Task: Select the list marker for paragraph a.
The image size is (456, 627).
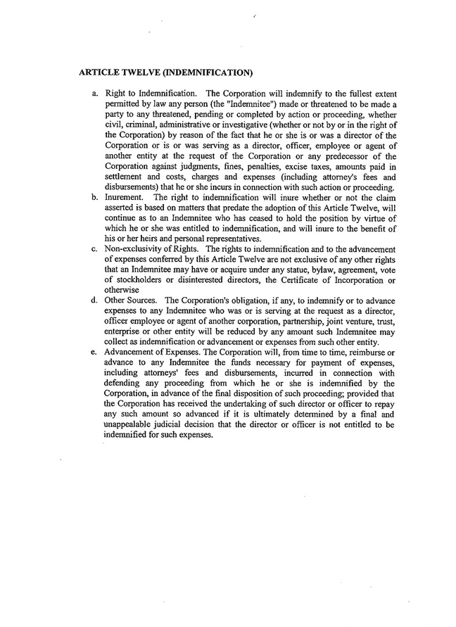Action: [94, 93]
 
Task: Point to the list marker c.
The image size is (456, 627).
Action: [94, 248]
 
